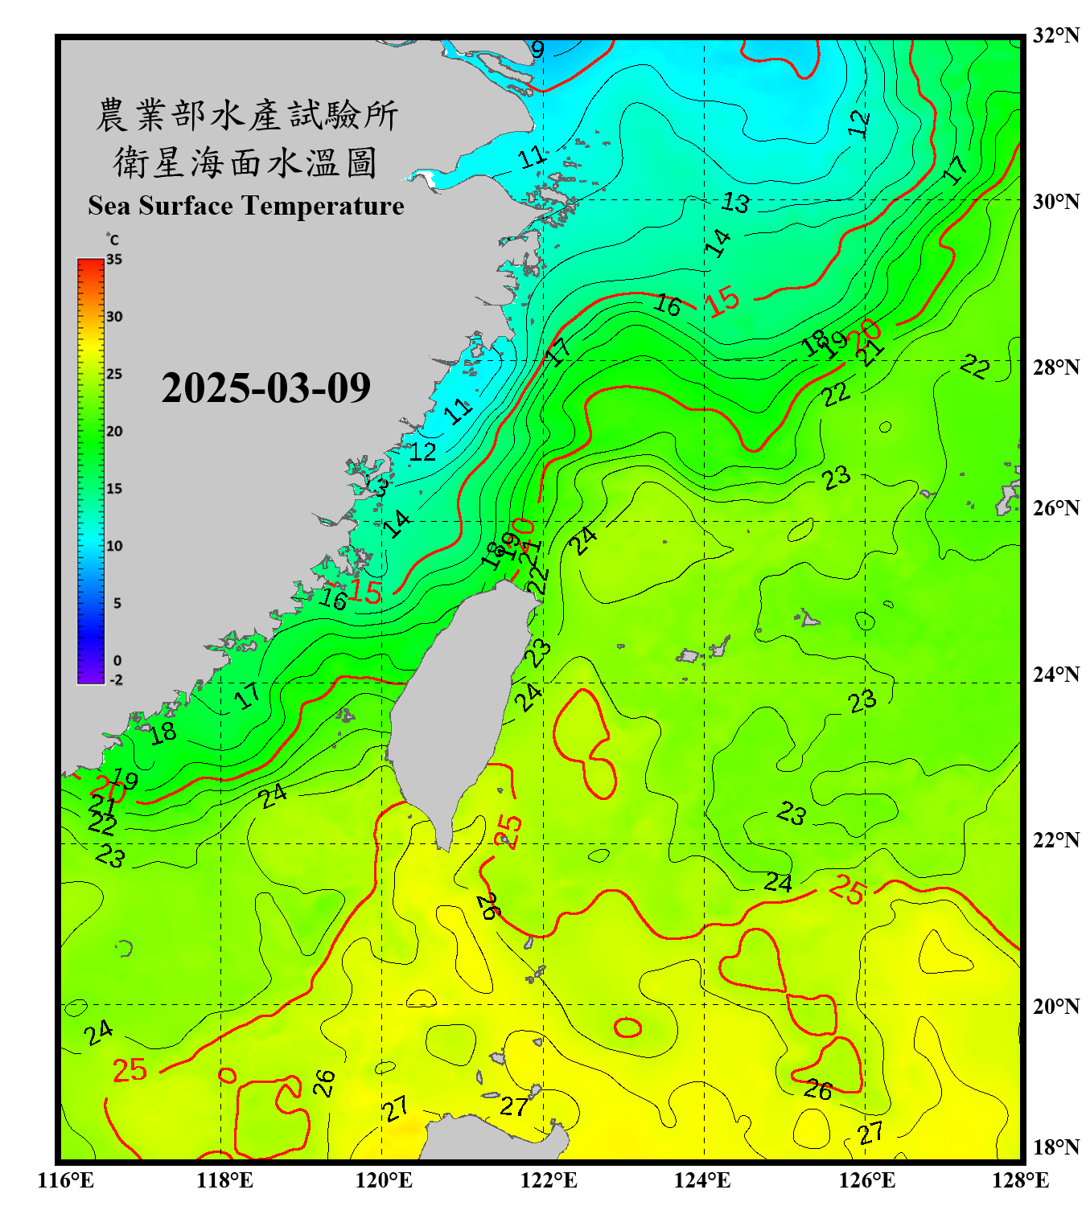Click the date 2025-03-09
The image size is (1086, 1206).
coord(265,388)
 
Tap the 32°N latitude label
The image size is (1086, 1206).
coord(1055,35)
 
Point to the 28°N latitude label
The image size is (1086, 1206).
coord(1055,367)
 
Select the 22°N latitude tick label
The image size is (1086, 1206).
coord(1055,840)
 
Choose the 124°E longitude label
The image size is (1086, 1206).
coord(702,1180)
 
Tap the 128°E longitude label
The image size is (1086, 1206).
coord(1020,1180)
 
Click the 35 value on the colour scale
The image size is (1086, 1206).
coord(114,260)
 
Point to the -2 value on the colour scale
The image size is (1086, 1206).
coord(116,679)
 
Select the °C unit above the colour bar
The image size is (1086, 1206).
coord(113,240)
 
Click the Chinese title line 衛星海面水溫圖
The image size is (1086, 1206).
coord(245,162)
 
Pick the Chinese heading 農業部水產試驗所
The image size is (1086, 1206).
coord(247,115)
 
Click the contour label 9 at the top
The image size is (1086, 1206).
coord(537,50)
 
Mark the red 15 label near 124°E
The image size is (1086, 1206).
coord(722,301)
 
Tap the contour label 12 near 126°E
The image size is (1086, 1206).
coord(859,123)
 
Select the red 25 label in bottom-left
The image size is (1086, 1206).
coord(130,1070)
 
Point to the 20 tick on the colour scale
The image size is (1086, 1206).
coord(114,431)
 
